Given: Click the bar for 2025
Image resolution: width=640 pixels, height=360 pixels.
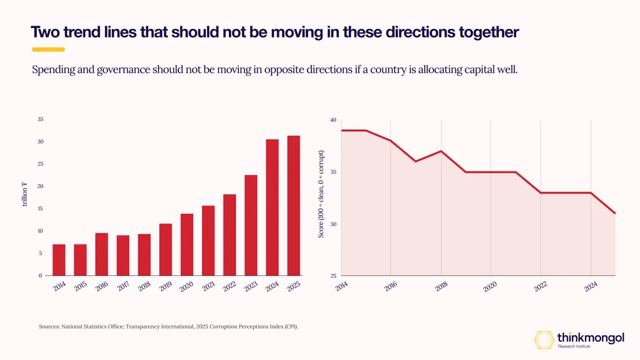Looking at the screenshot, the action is [294, 206].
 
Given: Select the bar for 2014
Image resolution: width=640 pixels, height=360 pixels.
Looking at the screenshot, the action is [59, 260].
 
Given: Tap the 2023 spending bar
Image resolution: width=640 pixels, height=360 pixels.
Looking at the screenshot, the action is [251, 226].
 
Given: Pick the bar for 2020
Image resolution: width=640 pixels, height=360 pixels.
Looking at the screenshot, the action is [187, 245].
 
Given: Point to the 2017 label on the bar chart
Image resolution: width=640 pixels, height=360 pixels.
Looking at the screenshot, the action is [123, 287].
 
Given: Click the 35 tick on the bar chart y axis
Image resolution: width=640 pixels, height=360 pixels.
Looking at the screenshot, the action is [41, 119].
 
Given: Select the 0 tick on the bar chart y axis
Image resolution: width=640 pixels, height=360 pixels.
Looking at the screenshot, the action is [41, 275].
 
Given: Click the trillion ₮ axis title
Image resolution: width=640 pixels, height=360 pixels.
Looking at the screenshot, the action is [24, 194].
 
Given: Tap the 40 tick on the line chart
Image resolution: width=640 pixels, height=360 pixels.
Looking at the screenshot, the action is [334, 120].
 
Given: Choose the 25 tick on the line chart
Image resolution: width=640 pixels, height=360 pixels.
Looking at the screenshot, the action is [334, 276].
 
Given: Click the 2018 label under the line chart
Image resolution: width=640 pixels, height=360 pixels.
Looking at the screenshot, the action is [441, 287].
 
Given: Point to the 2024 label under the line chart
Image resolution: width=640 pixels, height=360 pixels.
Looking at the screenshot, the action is [591, 287].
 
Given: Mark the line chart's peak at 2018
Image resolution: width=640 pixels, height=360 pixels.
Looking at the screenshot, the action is [441, 151].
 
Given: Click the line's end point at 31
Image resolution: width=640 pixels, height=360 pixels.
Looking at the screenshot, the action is [614, 213].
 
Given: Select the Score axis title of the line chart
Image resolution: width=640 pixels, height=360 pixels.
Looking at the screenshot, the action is [321, 194].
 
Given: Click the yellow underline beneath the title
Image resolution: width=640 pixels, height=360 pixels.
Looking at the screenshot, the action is [49, 49].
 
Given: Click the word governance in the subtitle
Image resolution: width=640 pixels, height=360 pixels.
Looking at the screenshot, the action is [123, 70].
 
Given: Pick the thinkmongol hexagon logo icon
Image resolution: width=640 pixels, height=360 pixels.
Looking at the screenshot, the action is [544, 340].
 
